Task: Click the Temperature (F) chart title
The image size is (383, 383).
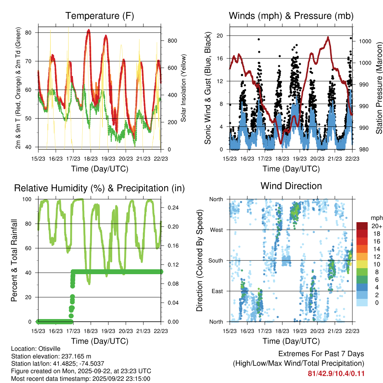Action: click(x=99, y=16)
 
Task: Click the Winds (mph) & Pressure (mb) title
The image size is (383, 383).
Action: click(x=291, y=16)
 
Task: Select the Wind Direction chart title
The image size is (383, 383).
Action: click(x=291, y=186)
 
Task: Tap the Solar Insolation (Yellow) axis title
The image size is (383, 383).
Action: click(x=184, y=88)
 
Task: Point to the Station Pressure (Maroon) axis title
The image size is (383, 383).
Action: click(x=379, y=88)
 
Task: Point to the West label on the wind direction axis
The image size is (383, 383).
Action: click(x=217, y=230)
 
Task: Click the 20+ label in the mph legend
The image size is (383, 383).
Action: click(x=377, y=226)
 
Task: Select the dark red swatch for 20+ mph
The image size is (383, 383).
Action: click(x=362, y=226)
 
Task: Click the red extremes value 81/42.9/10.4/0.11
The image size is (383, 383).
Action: click(x=336, y=374)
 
